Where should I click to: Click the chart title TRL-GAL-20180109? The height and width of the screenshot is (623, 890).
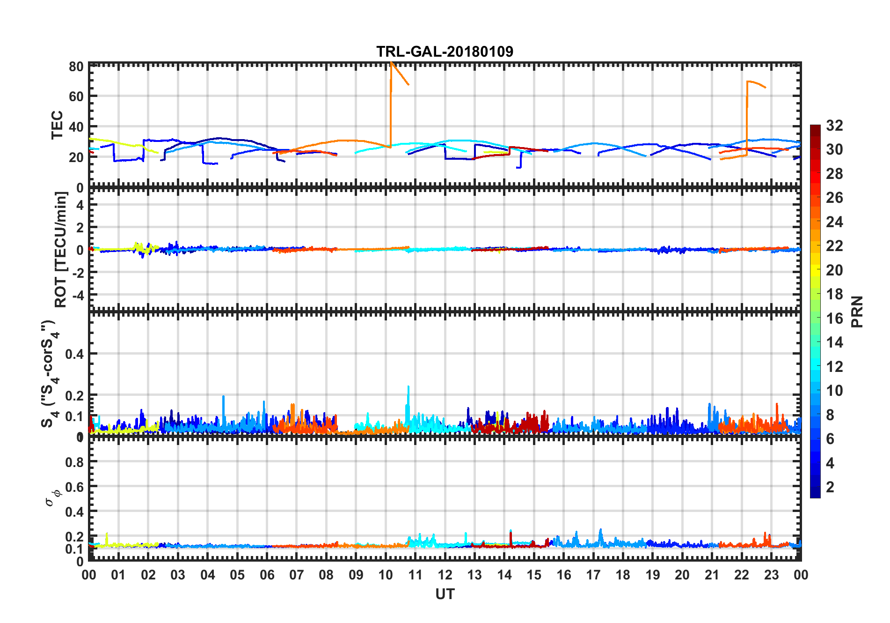(x=445, y=52)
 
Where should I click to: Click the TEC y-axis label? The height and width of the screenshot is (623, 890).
(x=57, y=125)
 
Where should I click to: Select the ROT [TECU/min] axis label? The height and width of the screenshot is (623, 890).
(x=61, y=249)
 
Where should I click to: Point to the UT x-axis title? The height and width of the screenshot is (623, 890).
(x=445, y=594)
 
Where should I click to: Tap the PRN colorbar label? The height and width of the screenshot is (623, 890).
(x=857, y=311)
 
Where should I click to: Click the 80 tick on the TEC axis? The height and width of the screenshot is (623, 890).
(x=76, y=67)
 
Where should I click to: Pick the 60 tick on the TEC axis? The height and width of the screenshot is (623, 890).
(x=76, y=96)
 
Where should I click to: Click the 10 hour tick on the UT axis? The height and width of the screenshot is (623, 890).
(x=386, y=575)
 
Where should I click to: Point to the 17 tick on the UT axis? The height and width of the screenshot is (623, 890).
(x=593, y=575)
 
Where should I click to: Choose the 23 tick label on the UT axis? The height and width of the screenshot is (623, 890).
(x=771, y=575)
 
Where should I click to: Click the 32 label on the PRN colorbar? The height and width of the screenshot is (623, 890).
(x=834, y=126)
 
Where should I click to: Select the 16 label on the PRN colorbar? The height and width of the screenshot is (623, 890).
(x=834, y=319)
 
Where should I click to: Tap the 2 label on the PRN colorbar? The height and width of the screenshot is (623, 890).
(x=830, y=487)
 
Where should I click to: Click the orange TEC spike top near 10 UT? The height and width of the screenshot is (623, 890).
(x=391, y=63)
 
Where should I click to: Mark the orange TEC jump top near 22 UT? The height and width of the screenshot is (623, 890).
(x=748, y=82)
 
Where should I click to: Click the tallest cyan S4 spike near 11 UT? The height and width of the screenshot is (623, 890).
(x=409, y=387)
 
